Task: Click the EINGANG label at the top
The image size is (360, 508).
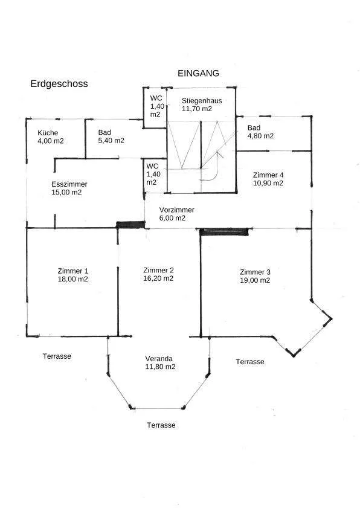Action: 198,73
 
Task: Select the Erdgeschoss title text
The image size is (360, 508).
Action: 59,83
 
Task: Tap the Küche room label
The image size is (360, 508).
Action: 48,133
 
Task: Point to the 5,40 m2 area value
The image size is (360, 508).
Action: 111,141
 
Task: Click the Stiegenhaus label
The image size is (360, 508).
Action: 202,101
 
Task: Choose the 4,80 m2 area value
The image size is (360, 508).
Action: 260,136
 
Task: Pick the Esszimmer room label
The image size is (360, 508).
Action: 69,184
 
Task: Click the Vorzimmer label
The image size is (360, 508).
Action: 176,210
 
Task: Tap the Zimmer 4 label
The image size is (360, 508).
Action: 268,175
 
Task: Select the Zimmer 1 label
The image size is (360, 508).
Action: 73,271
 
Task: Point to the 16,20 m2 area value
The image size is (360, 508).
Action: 158,278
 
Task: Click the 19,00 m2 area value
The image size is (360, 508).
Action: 255,280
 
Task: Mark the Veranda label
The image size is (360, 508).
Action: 159,359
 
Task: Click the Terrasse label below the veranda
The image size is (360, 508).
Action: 161,425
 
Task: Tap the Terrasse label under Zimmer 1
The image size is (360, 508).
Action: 57,356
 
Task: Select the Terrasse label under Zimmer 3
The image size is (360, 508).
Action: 250,362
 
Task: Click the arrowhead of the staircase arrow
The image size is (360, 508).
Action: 220,153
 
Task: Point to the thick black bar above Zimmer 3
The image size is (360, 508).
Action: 224,231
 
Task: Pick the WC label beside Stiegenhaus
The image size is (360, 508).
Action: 156,98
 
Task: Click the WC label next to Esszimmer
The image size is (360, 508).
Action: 152,166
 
